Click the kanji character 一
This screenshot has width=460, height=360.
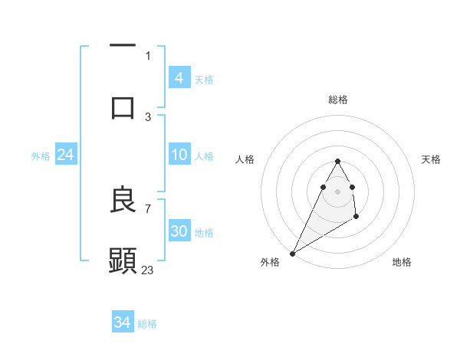[123, 46]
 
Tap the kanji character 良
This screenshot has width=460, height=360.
[123, 200]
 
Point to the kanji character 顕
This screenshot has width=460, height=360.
[123, 261]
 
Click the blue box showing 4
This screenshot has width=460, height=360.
[179, 77]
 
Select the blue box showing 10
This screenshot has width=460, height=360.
[179, 155]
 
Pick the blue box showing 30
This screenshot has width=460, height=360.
[179, 231]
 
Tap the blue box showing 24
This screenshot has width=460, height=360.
[65, 155]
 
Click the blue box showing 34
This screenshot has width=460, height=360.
[122, 322]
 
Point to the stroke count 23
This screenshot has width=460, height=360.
[148, 270]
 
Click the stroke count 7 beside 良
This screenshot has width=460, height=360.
[148, 208]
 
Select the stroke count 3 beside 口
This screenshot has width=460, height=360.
[148, 116]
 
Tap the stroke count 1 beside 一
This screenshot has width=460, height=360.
[148, 55]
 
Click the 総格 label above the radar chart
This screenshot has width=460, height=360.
[337, 100]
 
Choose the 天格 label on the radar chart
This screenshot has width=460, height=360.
[431, 159]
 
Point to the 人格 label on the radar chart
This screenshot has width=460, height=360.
[245, 159]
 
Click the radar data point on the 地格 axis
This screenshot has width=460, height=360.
[356, 218]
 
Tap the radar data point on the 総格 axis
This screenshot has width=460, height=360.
[337, 161]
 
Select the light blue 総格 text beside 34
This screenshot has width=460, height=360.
[147, 324]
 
